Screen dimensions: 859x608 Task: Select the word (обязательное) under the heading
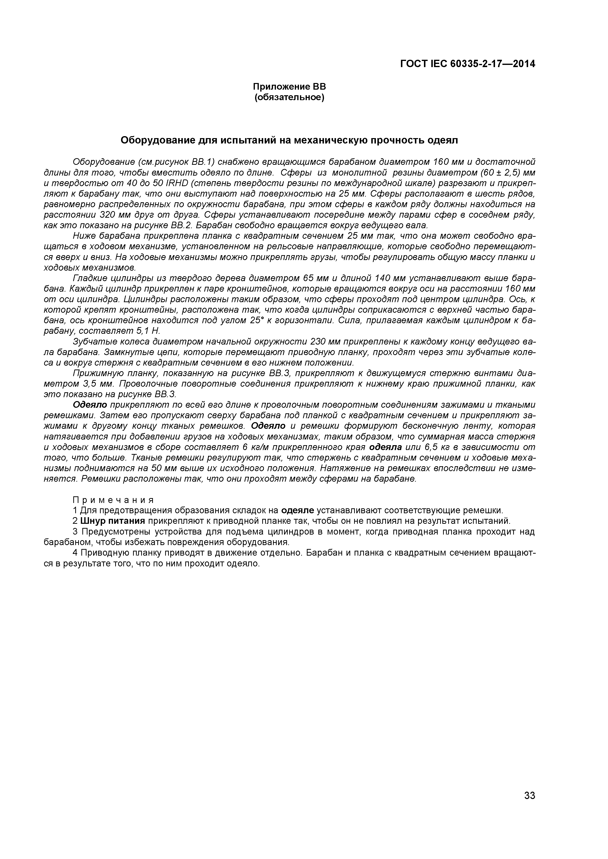[x=289, y=98]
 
